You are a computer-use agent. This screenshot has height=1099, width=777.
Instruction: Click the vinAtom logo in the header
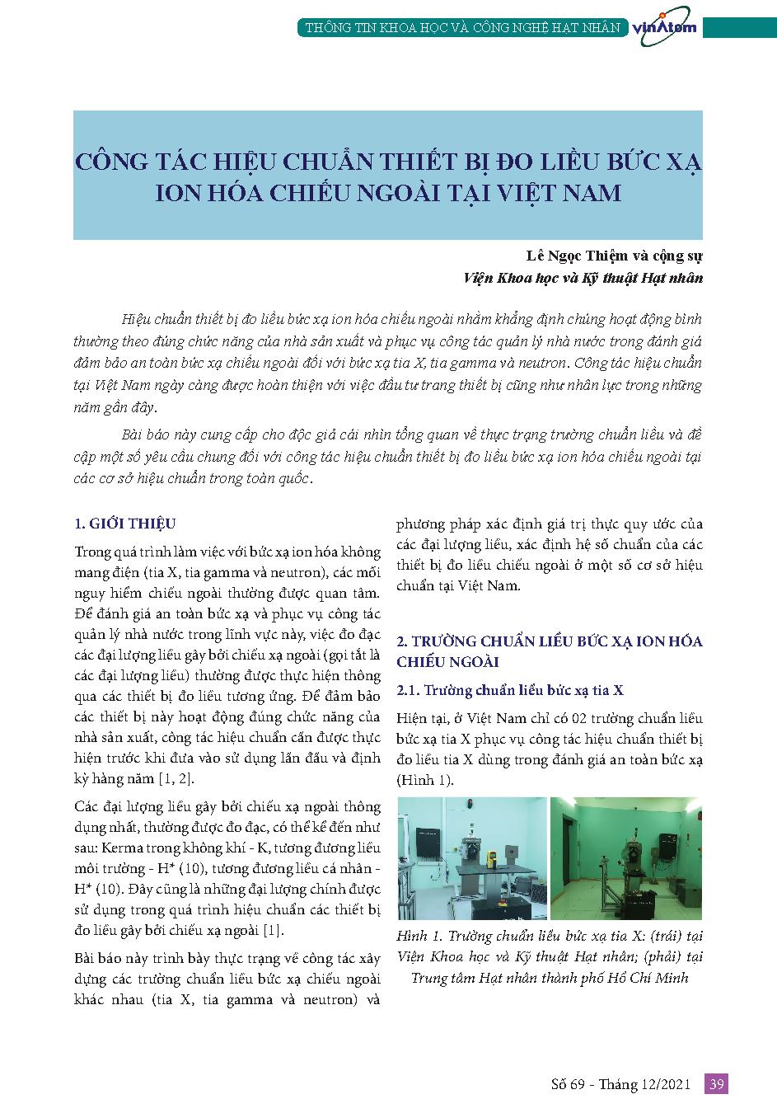[x=664, y=26]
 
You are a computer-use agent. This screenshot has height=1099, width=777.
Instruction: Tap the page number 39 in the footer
[x=716, y=1084]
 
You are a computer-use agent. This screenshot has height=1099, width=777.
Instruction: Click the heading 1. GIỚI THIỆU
[x=124, y=524]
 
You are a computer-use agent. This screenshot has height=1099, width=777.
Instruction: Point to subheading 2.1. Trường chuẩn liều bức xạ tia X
[x=510, y=690]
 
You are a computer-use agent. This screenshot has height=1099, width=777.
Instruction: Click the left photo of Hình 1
[x=471, y=858]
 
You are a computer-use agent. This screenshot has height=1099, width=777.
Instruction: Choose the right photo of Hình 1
[x=625, y=858]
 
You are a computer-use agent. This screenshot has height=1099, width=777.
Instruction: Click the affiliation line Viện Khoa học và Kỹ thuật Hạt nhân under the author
[x=583, y=278]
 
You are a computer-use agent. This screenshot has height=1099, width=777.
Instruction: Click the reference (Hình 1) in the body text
[x=424, y=780]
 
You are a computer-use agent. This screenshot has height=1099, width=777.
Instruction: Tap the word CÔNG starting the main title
[x=110, y=160]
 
